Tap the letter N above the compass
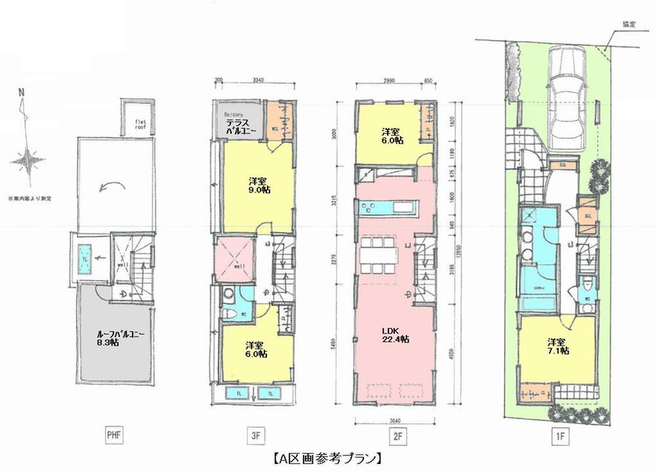tap(22, 92)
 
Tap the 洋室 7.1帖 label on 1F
tap(558, 345)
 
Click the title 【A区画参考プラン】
tap(327, 456)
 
